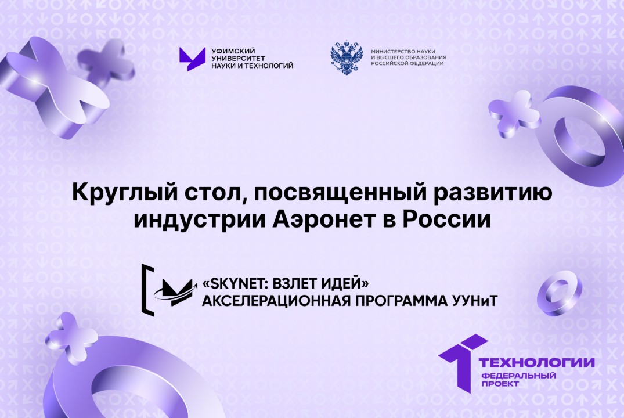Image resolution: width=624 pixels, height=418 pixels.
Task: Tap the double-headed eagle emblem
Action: coord(346,59)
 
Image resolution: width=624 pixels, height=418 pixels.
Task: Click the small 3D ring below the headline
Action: coord(559,293)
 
